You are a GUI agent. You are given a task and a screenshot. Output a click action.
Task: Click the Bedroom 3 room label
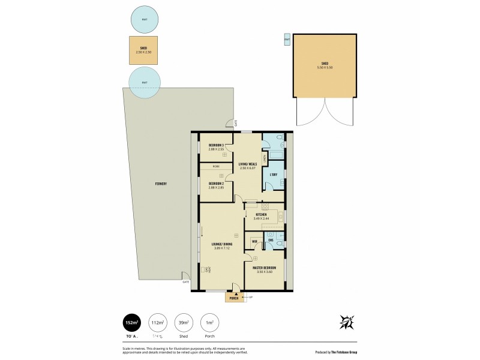(x=216, y=146)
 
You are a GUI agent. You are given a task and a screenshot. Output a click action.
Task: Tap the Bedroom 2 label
(x=216, y=183)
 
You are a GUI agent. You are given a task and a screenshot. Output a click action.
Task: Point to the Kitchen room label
(x=261, y=215)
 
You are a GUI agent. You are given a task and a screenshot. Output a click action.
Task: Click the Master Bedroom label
(x=265, y=267)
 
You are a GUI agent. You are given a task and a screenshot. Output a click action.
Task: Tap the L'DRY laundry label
(x=273, y=175)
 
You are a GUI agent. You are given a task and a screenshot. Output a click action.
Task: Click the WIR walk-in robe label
(x=255, y=241)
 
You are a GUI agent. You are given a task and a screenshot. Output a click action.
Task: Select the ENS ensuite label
(x=271, y=241)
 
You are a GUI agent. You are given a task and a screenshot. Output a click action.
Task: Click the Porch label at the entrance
(x=234, y=298)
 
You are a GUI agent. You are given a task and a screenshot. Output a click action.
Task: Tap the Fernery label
(x=160, y=184)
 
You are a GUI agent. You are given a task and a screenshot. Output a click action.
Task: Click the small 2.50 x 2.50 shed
(x=144, y=51)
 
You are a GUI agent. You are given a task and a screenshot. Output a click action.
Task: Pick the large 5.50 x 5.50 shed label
(x=325, y=64)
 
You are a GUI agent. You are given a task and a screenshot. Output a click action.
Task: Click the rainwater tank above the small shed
(x=145, y=20)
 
